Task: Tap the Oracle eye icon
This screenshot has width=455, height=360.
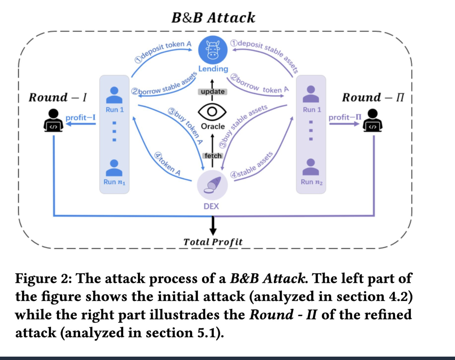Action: (x=213, y=111)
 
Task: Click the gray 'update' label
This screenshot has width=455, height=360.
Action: (x=213, y=92)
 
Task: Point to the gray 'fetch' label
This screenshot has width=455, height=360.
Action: (x=213, y=156)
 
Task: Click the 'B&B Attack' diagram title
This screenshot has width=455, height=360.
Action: (x=213, y=18)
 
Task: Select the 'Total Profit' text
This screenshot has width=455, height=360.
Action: (x=213, y=242)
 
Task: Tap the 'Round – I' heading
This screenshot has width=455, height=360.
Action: (x=57, y=97)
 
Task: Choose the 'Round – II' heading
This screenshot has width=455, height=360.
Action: (x=373, y=97)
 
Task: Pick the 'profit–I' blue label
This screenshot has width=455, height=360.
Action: (x=80, y=117)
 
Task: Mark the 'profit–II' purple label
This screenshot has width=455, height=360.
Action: (x=344, y=117)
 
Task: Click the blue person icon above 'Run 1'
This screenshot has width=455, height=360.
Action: (x=112, y=93)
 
